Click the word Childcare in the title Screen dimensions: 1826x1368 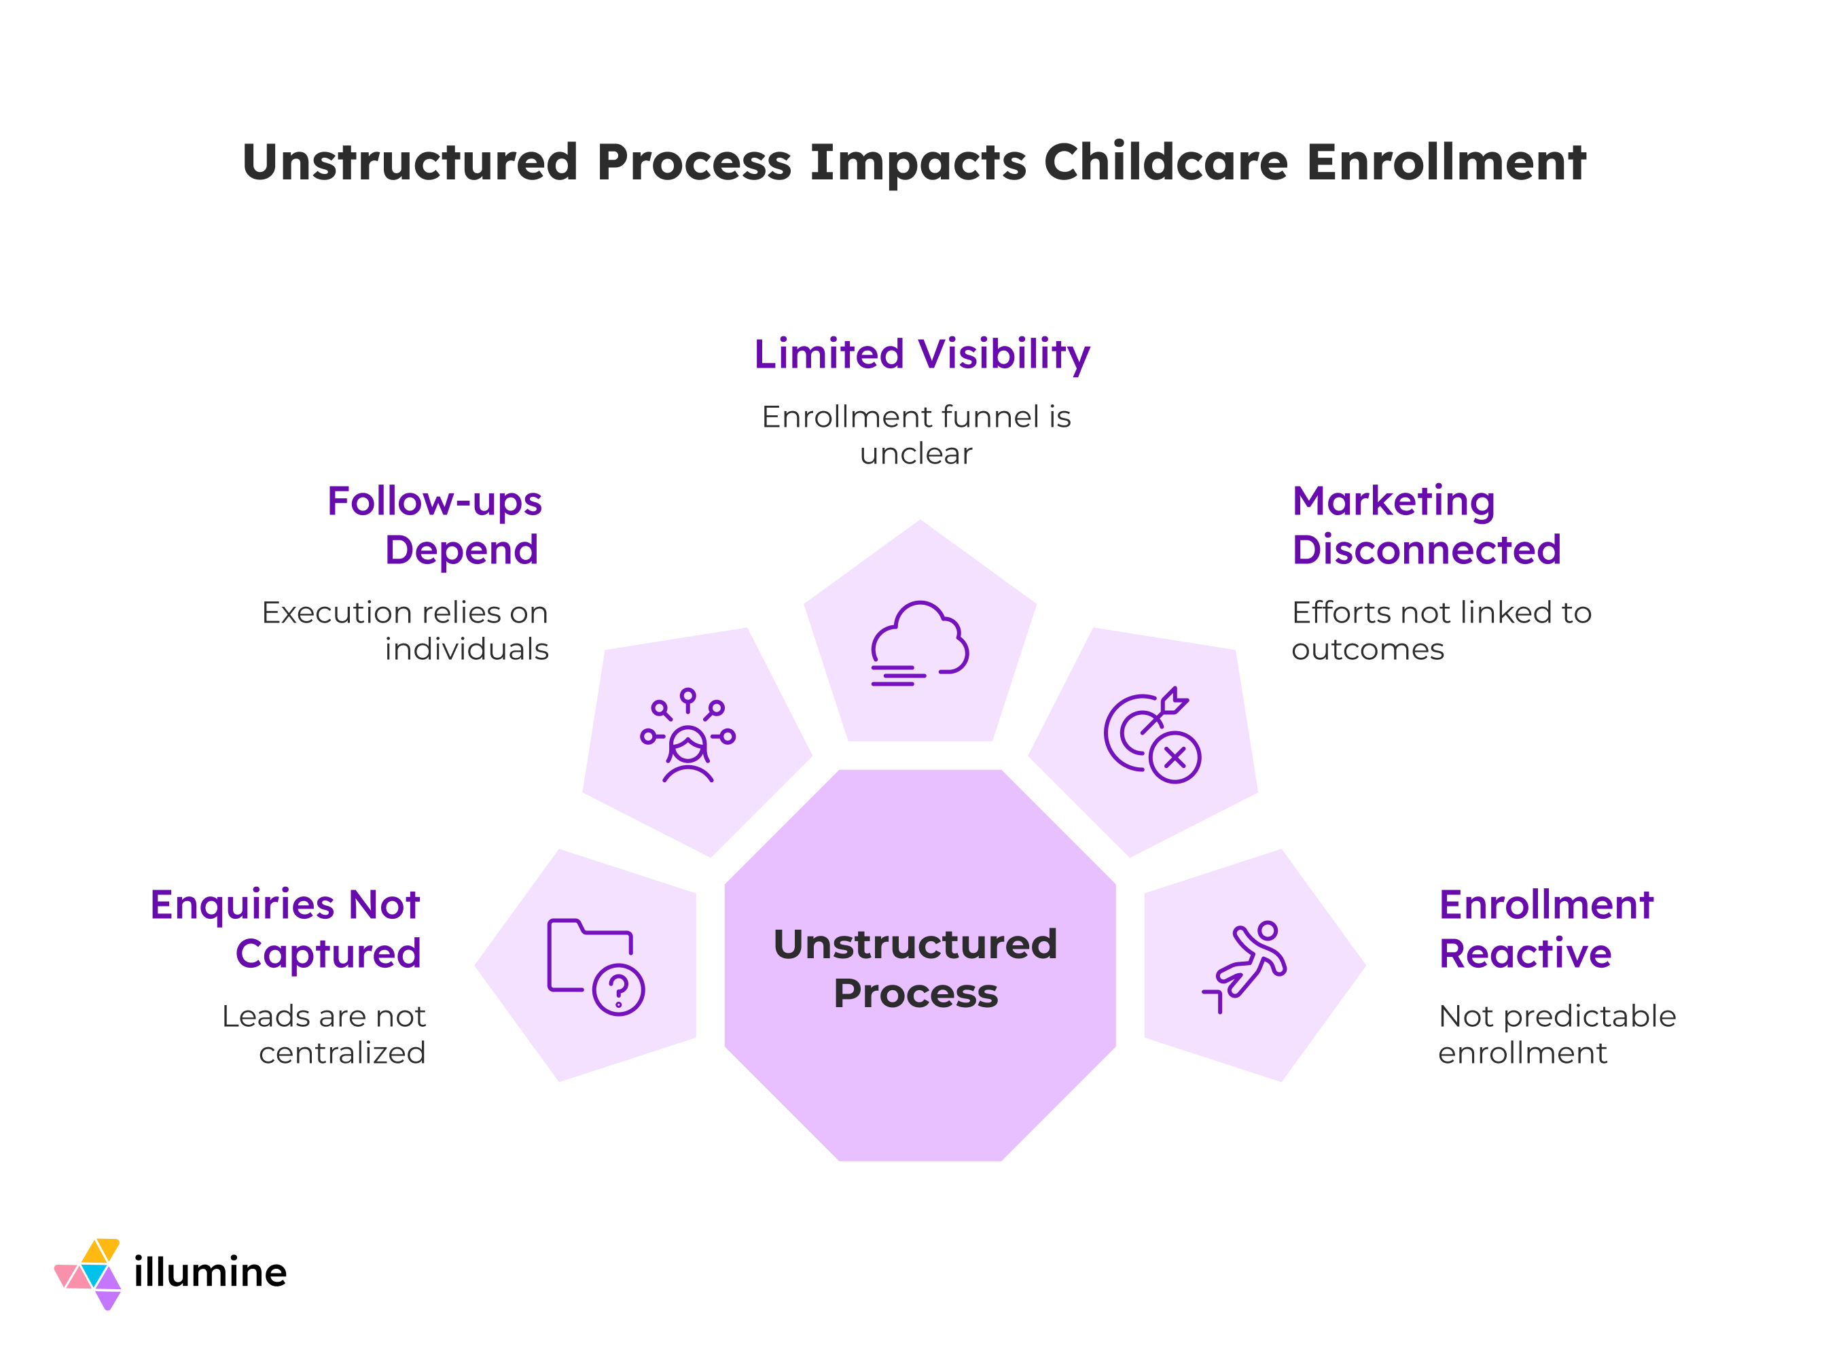(x=1166, y=162)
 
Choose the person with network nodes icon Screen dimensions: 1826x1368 (x=687, y=735)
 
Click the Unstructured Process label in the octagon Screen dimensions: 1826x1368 (x=916, y=968)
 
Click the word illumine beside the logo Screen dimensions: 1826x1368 (x=211, y=1272)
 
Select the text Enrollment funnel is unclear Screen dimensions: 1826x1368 (x=916, y=435)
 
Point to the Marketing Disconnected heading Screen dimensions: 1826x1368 (x=1427, y=526)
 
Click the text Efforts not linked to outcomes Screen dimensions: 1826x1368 (x=1442, y=631)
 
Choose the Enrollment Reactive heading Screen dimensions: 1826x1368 (x=1546, y=930)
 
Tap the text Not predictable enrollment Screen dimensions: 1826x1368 (x=1557, y=1034)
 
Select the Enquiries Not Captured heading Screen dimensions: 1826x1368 (x=285, y=930)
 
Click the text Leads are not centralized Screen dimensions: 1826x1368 (x=323, y=1034)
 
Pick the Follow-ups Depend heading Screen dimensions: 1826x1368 (x=434, y=526)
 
